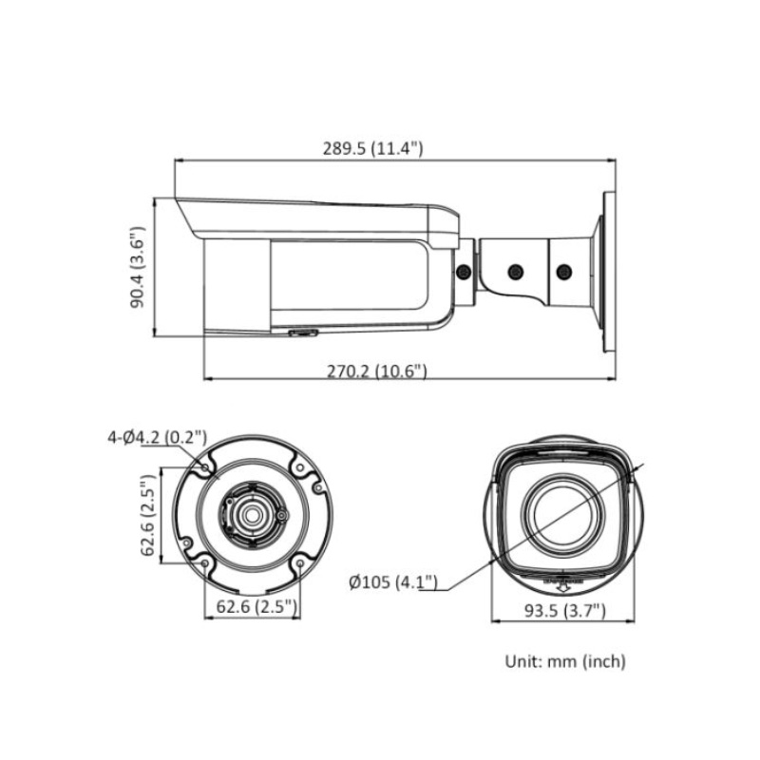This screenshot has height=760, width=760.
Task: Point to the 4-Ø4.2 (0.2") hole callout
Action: [x=157, y=437]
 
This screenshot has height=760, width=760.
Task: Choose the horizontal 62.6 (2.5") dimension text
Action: [x=252, y=605]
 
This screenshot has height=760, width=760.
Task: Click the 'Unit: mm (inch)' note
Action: [x=564, y=661]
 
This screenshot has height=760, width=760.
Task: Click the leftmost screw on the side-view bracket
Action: [x=465, y=273]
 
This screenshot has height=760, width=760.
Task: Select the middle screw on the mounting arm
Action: [x=516, y=273]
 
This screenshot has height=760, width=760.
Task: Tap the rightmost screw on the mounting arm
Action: [x=563, y=273]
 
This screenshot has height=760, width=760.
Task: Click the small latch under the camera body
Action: [x=303, y=333]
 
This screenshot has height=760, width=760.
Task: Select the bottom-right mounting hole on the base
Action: [x=300, y=562]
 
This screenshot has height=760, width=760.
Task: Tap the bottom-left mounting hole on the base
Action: [x=204, y=562]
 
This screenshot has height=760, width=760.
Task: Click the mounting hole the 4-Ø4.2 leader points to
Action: [x=204, y=467]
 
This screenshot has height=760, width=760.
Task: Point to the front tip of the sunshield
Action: [x=178, y=200]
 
